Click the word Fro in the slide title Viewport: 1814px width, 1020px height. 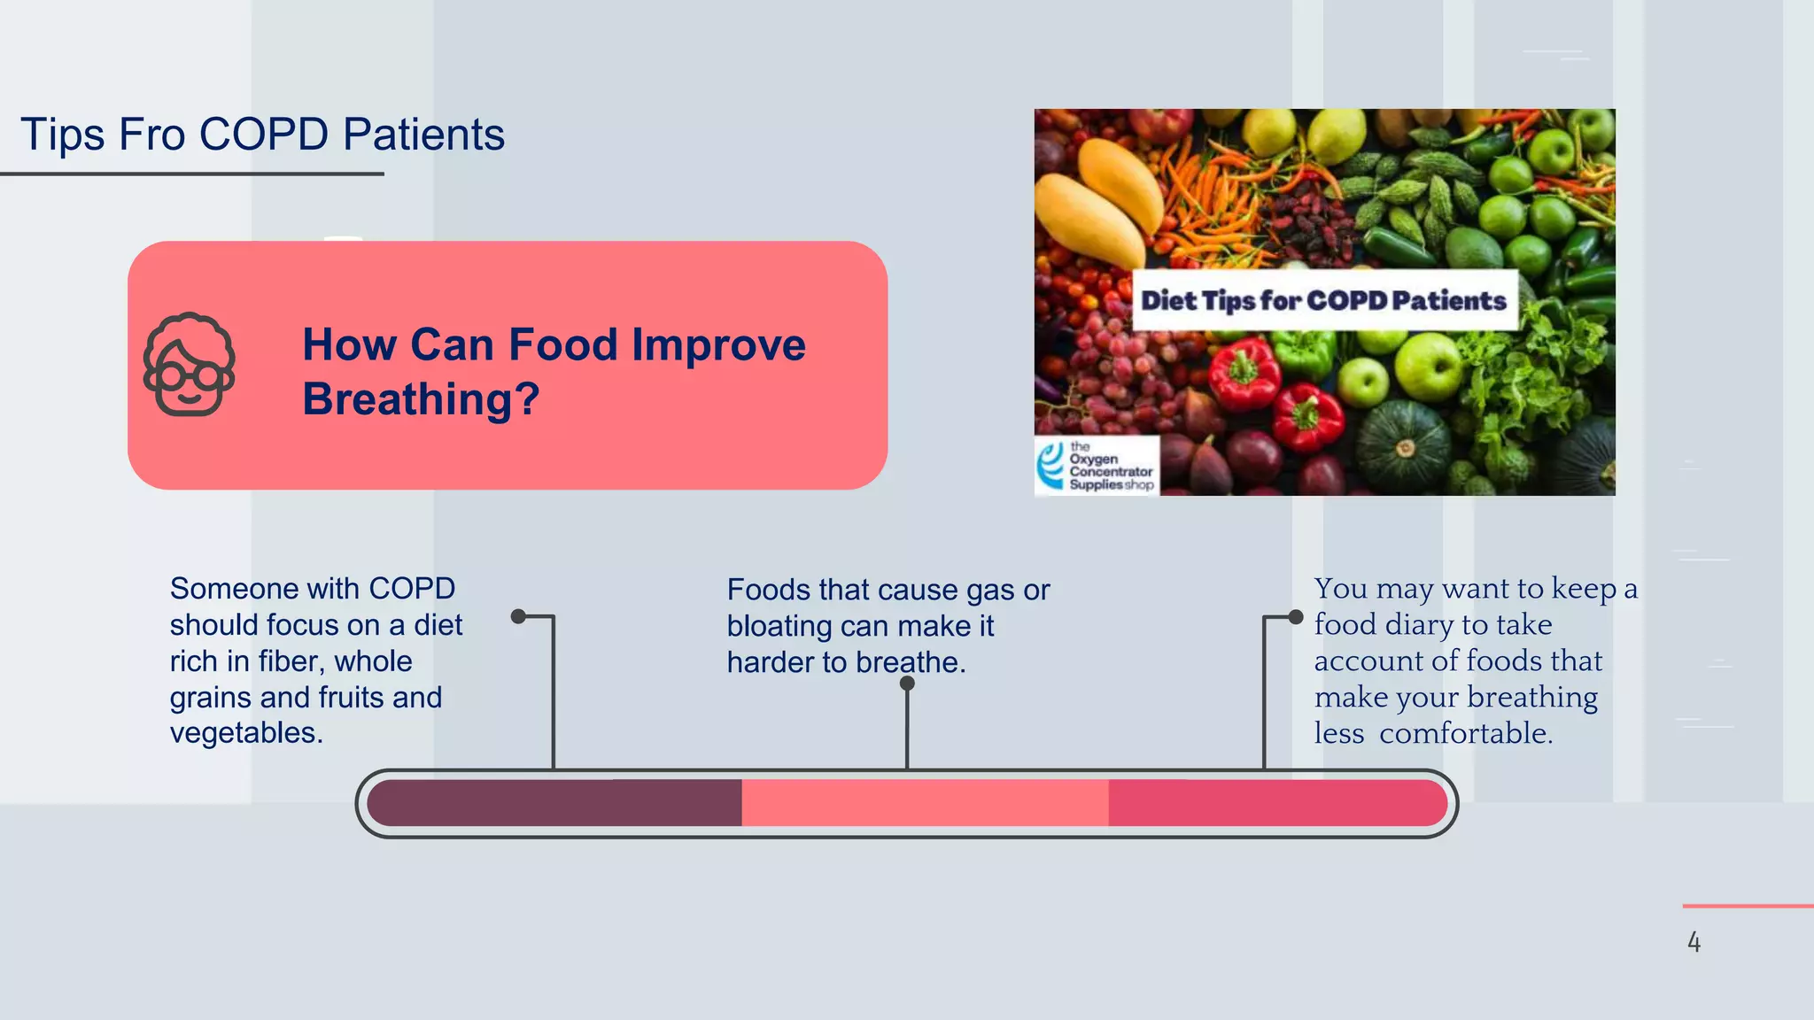151,135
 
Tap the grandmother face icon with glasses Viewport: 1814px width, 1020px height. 189,365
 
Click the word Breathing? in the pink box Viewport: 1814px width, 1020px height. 421,399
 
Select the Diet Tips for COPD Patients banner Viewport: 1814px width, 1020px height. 1323,301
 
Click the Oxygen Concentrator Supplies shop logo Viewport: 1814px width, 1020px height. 1097,466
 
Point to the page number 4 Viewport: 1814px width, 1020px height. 1694,942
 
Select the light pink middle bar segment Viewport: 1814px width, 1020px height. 924,803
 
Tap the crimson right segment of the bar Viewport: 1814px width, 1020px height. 1275,803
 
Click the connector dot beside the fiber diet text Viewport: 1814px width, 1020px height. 519,616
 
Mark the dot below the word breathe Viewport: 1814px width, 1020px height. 907,684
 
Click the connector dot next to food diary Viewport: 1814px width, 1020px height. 1296,617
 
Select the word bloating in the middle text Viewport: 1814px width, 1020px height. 779,627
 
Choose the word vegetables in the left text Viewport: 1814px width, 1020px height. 245,733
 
